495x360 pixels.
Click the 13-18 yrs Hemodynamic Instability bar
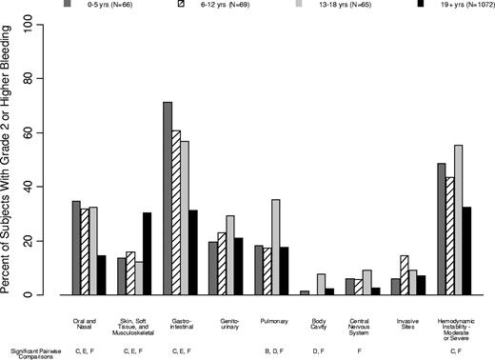click(458, 220)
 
